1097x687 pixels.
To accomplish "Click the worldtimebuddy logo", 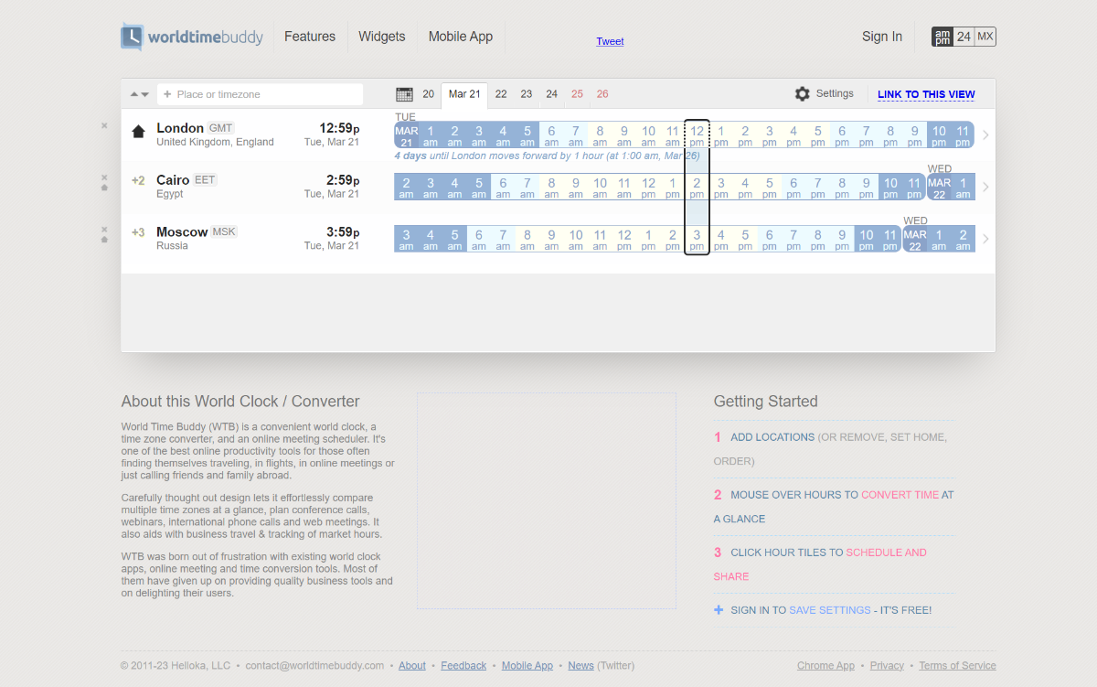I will coord(192,37).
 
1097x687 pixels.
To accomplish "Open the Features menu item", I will coord(310,37).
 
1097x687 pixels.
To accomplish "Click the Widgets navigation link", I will coord(382,37).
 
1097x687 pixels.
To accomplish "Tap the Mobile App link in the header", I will coord(461,37).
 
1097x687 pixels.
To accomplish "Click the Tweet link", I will coord(610,41).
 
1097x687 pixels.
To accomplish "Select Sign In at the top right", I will coord(882,37).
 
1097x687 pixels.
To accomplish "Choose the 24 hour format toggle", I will coord(964,37).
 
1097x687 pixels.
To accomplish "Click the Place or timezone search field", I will coord(261,94).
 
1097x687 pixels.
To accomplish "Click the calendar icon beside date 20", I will coord(404,94).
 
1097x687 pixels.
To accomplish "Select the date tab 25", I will coord(577,94).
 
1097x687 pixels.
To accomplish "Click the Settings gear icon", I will coord(803,94).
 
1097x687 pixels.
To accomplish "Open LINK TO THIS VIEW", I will coord(926,94).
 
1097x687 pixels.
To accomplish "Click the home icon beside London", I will coord(138,132).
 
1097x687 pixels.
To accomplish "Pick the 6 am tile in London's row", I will coord(551,135).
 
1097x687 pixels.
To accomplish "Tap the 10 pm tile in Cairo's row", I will coord(890,188).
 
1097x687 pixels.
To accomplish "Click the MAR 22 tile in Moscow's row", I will coord(915,240).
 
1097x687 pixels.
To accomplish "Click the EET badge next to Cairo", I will coord(205,180).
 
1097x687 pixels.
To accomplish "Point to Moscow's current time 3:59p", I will coord(343,232).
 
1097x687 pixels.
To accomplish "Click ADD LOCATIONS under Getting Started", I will coord(772,437).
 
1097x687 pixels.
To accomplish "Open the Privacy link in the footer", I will coord(887,666).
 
